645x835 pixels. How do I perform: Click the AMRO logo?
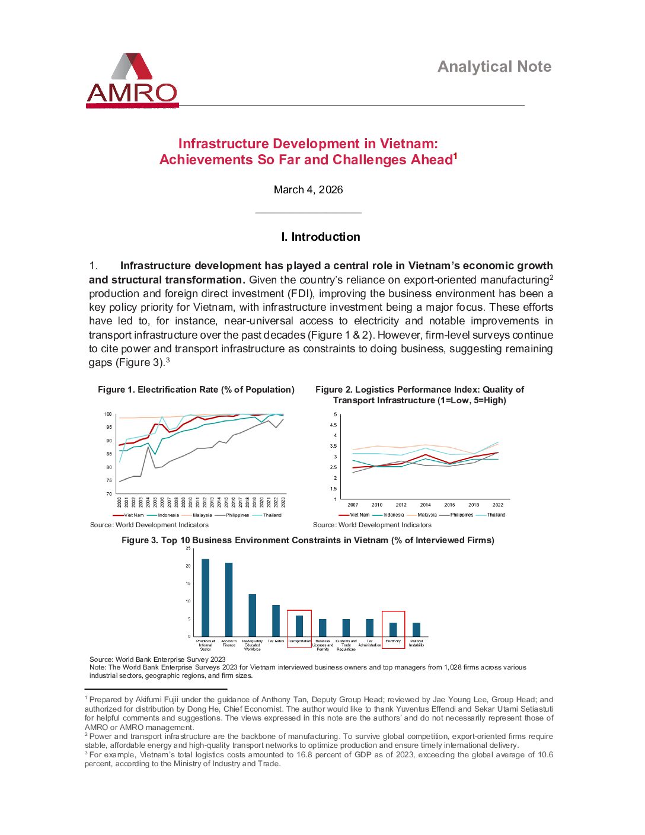point(132,80)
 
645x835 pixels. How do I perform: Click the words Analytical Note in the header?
point(494,66)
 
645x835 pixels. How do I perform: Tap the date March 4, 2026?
point(308,190)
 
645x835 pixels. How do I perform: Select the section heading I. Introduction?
point(321,237)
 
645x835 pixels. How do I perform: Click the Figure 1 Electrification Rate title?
point(196,390)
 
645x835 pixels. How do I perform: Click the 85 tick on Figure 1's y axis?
point(108,454)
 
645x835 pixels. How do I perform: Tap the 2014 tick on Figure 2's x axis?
point(425,505)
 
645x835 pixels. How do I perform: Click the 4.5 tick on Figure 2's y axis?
point(333,425)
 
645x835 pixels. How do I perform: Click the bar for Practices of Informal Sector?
point(206,597)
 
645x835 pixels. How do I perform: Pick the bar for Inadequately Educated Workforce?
point(253,615)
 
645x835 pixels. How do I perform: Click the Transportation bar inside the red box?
point(299,626)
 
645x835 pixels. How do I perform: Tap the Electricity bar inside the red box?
point(393,629)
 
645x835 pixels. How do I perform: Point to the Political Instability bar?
point(416,629)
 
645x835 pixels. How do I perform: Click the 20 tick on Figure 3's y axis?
point(189,566)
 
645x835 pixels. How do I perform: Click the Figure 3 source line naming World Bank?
point(158,659)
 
